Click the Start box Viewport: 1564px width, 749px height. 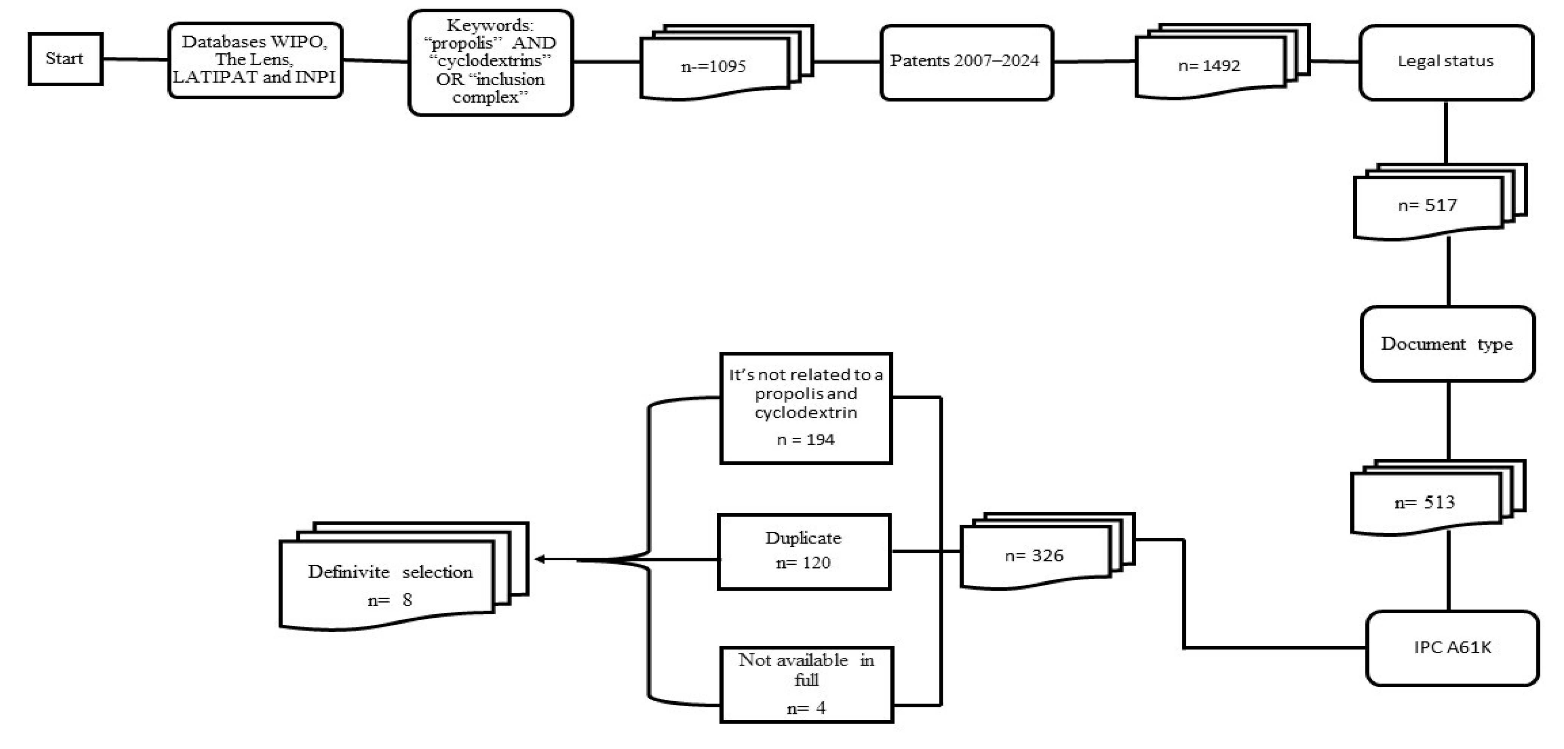pyautogui.click(x=65, y=59)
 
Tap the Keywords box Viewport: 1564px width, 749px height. pyautogui.click(x=491, y=62)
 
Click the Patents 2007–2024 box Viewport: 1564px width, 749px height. pyautogui.click(x=966, y=61)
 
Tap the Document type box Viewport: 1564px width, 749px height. pyautogui.click(x=1448, y=344)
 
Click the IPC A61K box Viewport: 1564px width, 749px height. pyautogui.click(x=1452, y=648)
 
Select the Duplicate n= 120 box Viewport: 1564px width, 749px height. pyautogui.click(x=804, y=551)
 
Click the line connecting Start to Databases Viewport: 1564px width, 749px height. pyautogui.click(x=135, y=59)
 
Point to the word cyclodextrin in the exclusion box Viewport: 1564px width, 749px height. pyautogui.click(x=806, y=413)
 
